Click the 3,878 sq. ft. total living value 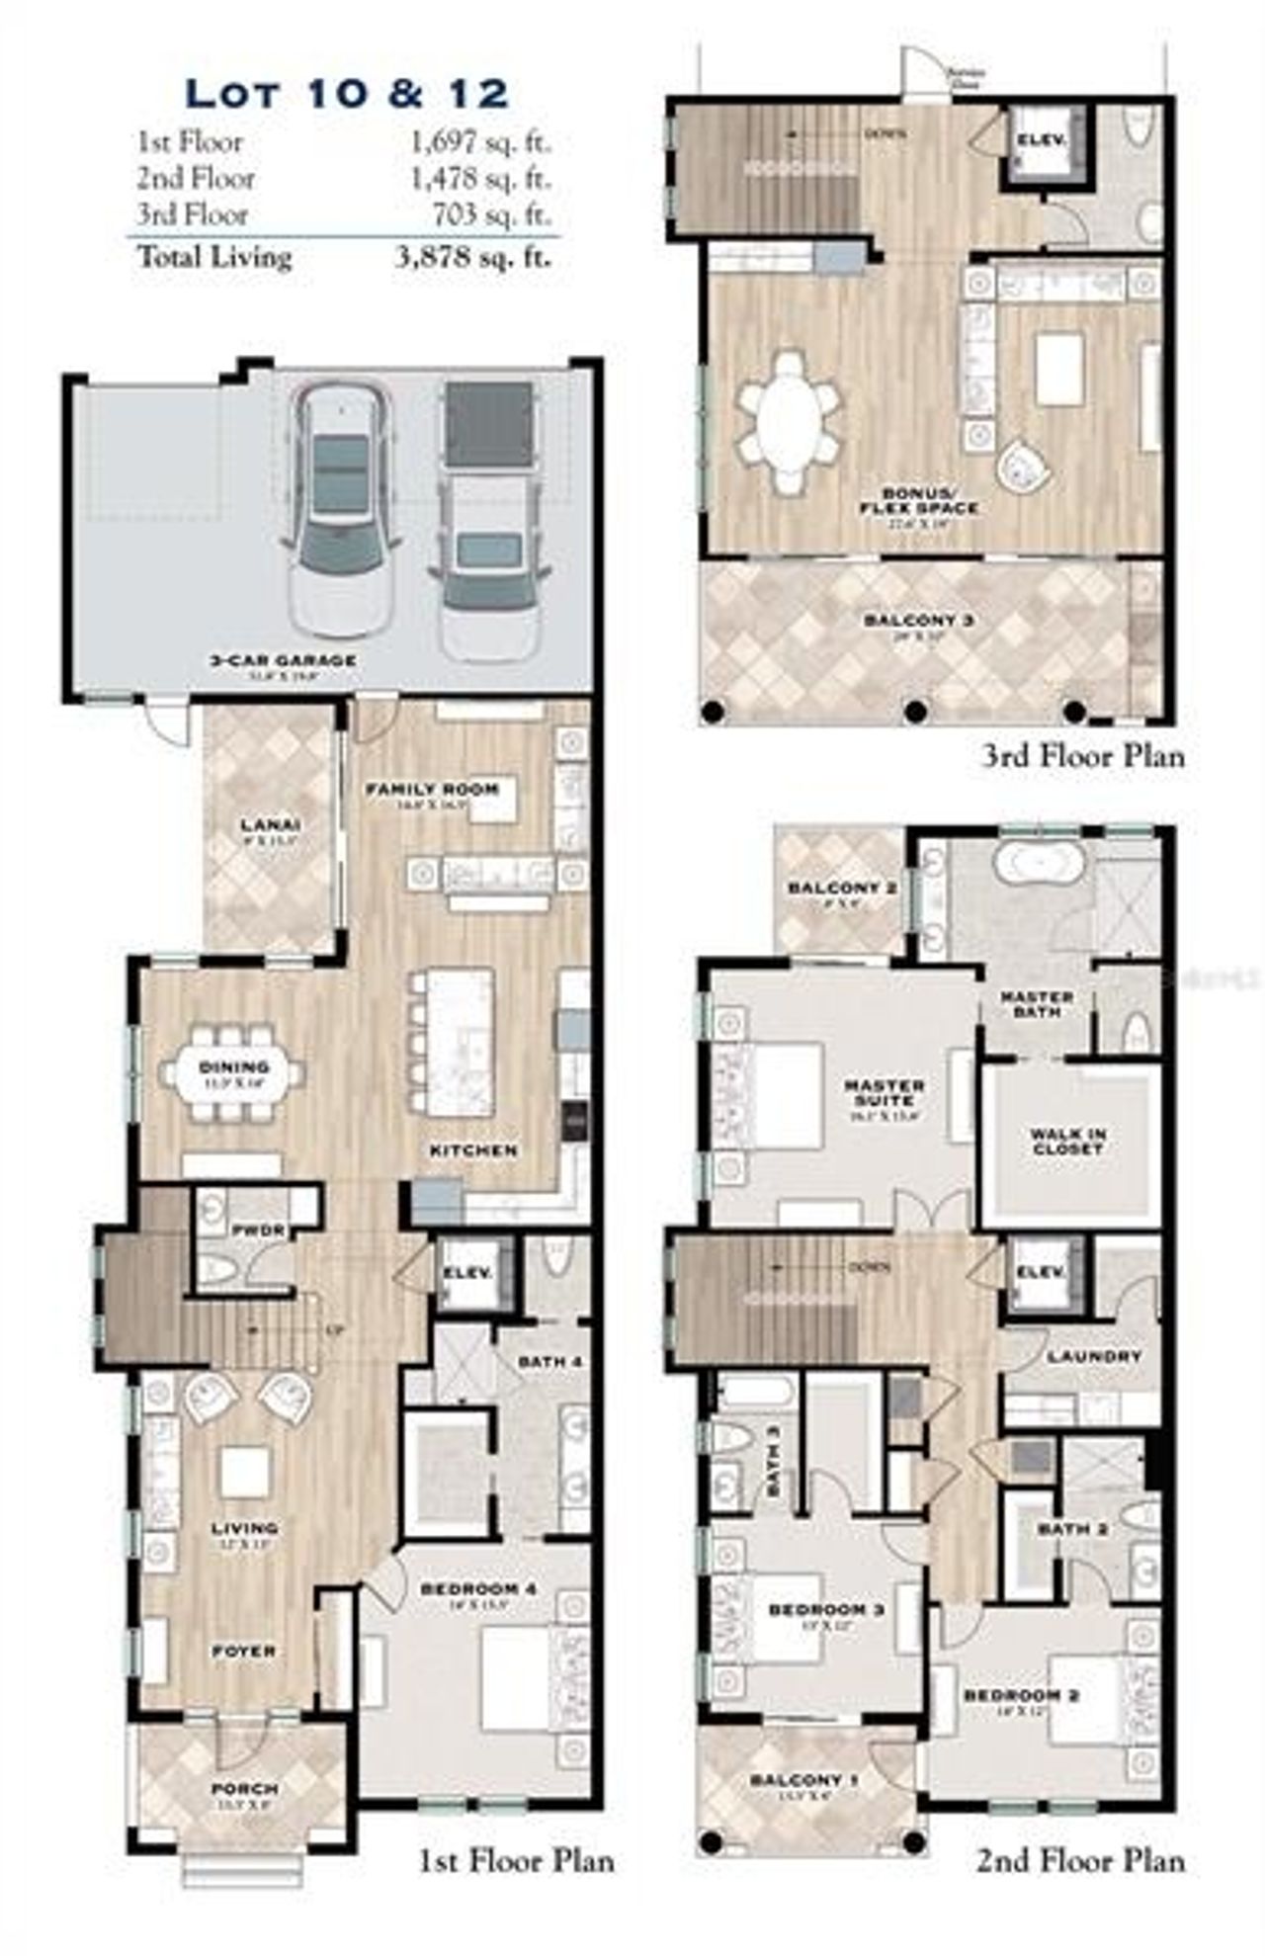[x=472, y=258]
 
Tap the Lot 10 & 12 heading [x=347, y=94]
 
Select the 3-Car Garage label [x=283, y=660]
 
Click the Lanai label [x=270, y=825]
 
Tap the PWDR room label [x=259, y=1231]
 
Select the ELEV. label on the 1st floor [x=467, y=1273]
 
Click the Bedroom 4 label [x=478, y=1588]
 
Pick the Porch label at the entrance [x=244, y=1789]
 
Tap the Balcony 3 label [x=919, y=621]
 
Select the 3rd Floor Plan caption [x=1082, y=757]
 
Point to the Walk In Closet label [x=1067, y=1142]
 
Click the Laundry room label [x=1093, y=1357]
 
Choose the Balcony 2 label [x=842, y=888]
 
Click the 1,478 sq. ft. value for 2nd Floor [x=480, y=179]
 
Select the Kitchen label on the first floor [x=473, y=1150]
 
